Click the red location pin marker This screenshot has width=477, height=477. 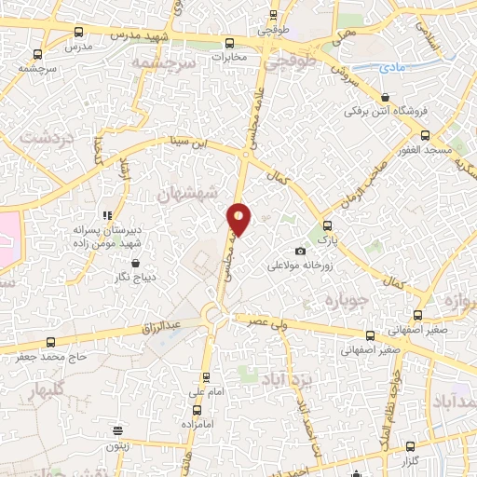coord(239,218)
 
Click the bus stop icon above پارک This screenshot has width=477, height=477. coord(326,225)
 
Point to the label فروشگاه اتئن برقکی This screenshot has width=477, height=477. coord(384,111)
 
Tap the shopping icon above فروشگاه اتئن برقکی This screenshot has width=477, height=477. coord(385,97)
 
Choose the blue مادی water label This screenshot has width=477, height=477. coord(390,66)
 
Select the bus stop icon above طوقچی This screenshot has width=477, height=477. coord(273,15)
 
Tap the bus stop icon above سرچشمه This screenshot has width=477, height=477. coord(36,54)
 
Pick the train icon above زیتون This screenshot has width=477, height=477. coord(118,430)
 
